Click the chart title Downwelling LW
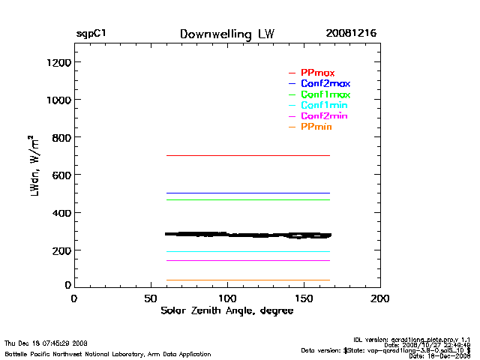tap(227, 34)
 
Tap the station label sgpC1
tap(91, 34)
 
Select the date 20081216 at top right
tap(351, 34)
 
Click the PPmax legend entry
tap(317, 73)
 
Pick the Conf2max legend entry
tap(325, 83)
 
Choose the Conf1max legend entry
tap(325, 94)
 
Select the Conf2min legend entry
tap(323, 116)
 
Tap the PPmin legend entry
tap(316, 127)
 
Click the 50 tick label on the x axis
tap(150, 298)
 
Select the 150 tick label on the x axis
tap(304, 298)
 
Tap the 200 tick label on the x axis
tap(380, 298)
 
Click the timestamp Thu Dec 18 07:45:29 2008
tap(46, 343)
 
